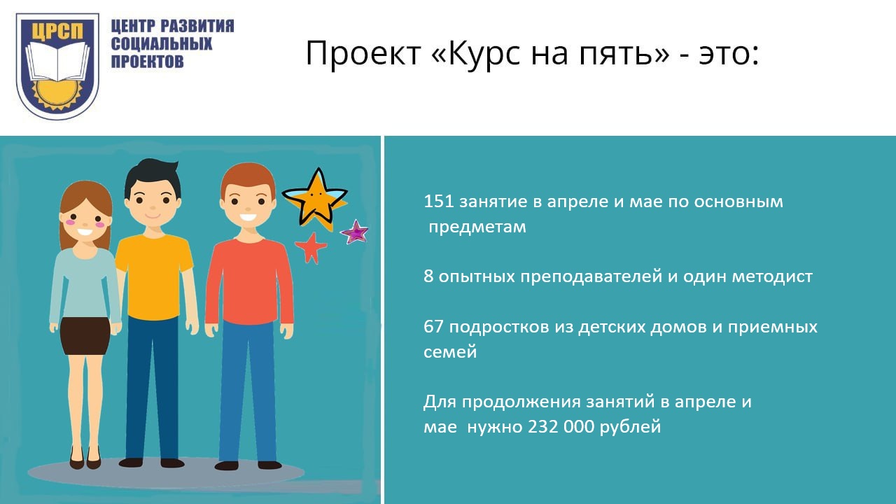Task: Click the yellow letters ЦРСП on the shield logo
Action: [57, 31]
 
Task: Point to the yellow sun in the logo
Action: [57, 94]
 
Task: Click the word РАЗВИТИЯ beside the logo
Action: [197, 26]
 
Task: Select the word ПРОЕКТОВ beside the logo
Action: [147, 61]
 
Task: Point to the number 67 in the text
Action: [433, 327]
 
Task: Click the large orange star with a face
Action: [315, 199]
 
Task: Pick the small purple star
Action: [354, 232]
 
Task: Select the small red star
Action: [311, 248]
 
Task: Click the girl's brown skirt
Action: [85, 337]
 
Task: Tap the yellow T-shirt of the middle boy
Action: [153, 276]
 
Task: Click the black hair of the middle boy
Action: [153, 176]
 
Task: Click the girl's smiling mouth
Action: [85, 232]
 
